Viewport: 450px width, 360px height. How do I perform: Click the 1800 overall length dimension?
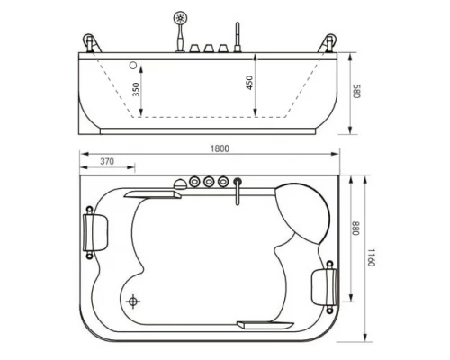(x=220, y=148)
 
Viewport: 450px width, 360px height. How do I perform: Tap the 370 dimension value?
(x=107, y=161)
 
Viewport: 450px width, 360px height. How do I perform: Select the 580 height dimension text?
(x=355, y=91)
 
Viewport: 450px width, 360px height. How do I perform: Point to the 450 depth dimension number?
(x=249, y=83)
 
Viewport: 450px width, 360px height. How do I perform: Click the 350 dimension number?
(x=136, y=89)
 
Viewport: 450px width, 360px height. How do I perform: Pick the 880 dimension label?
(x=355, y=229)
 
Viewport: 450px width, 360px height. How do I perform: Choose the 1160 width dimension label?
(x=372, y=257)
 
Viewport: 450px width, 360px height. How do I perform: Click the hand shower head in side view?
(x=180, y=18)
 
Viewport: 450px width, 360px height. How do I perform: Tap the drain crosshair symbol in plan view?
(x=132, y=301)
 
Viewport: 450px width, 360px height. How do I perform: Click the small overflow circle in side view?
(x=133, y=65)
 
